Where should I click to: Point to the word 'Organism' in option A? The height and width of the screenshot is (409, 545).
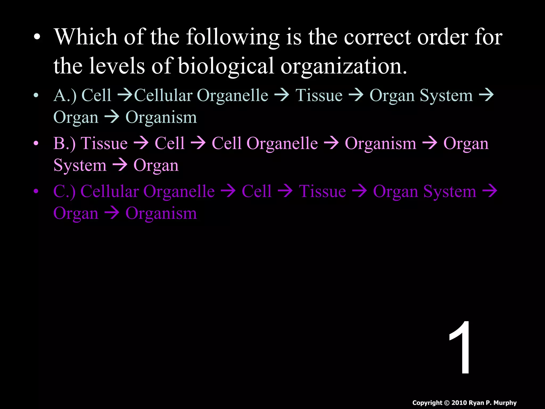161,117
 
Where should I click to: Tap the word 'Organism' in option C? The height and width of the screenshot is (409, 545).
161,213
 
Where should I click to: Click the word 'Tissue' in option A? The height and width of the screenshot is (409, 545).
319,95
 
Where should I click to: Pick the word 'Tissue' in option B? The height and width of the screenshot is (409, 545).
104,143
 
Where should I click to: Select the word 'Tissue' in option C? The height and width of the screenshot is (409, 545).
323,191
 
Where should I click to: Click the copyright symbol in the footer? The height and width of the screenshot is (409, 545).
447,403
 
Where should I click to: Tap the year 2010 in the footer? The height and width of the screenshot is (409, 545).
459,403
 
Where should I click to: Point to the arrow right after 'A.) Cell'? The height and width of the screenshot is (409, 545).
125,95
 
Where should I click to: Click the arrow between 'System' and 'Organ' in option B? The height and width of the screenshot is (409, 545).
120,165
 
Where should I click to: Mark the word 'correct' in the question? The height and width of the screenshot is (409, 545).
378,37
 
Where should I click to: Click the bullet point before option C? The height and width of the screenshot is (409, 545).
36,191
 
